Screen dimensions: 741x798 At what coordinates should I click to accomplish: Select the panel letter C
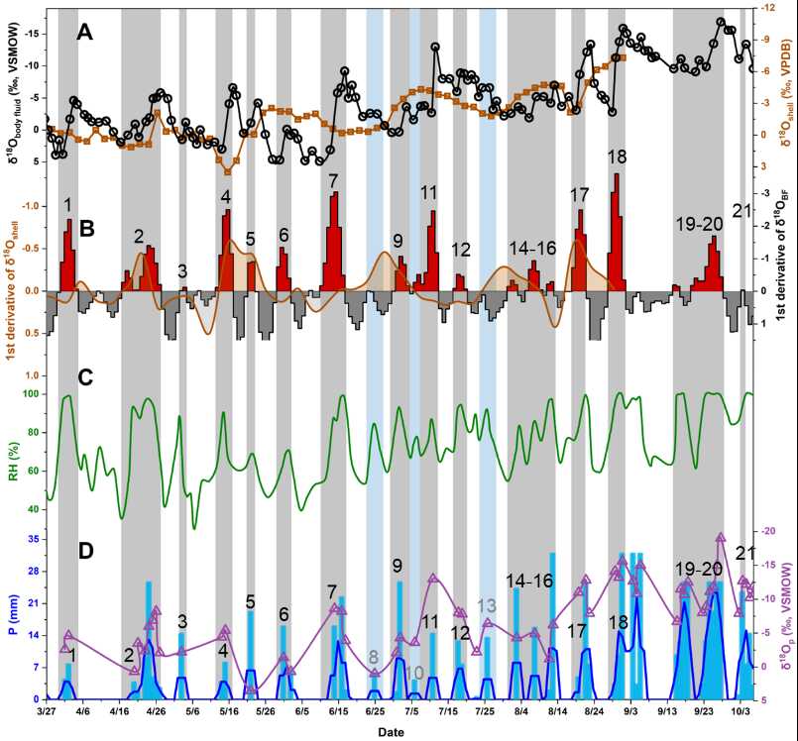86,377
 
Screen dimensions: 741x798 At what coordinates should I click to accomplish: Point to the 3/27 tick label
47,711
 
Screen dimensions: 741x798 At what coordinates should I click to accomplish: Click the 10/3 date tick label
741,711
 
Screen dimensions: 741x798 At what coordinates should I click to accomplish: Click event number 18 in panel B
617,157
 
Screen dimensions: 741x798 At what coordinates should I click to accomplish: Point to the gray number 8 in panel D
374,656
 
